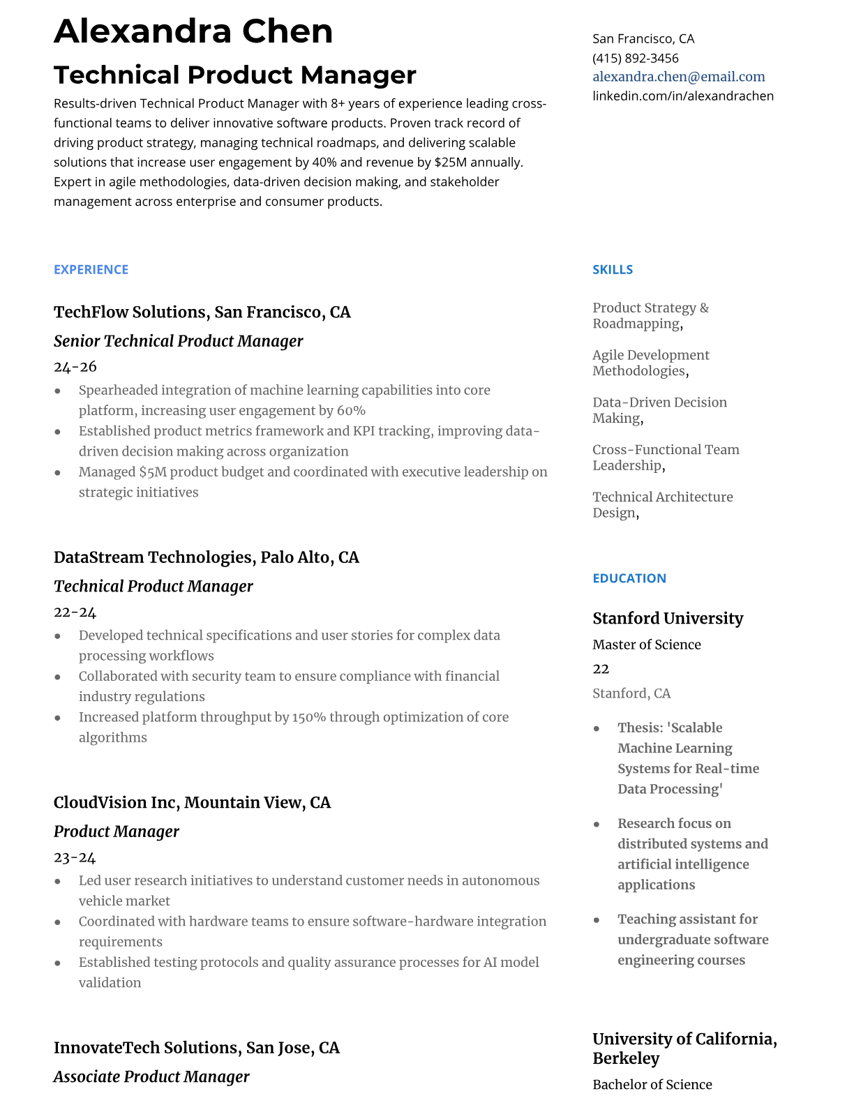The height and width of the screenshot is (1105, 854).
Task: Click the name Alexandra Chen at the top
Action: pyautogui.click(x=193, y=31)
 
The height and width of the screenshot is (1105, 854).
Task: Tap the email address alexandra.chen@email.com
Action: pyautogui.click(x=678, y=77)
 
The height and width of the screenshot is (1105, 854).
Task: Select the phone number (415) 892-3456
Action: pyautogui.click(x=635, y=58)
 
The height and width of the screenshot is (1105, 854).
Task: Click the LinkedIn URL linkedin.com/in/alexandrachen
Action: pyautogui.click(x=682, y=96)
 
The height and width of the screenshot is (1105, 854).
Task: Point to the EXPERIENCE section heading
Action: pyautogui.click(x=91, y=270)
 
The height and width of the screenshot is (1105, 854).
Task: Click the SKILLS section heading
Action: pyautogui.click(x=612, y=270)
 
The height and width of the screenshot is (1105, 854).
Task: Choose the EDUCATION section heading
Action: pyautogui.click(x=629, y=578)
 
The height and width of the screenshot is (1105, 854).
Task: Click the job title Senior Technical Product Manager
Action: pyautogui.click(x=178, y=341)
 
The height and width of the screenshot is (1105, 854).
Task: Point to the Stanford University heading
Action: pyautogui.click(x=667, y=619)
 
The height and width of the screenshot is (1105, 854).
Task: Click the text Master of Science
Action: pyautogui.click(x=646, y=645)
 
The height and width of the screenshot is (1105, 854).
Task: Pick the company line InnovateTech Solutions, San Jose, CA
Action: pyautogui.click(x=196, y=1048)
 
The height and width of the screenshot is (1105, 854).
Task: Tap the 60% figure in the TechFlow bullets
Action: pyautogui.click(x=352, y=411)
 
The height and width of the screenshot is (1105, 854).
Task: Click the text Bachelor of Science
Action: pyautogui.click(x=652, y=1085)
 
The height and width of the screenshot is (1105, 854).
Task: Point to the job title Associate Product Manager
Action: pyautogui.click(x=151, y=1077)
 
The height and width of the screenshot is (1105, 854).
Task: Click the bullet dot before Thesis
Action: pyautogui.click(x=597, y=728)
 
